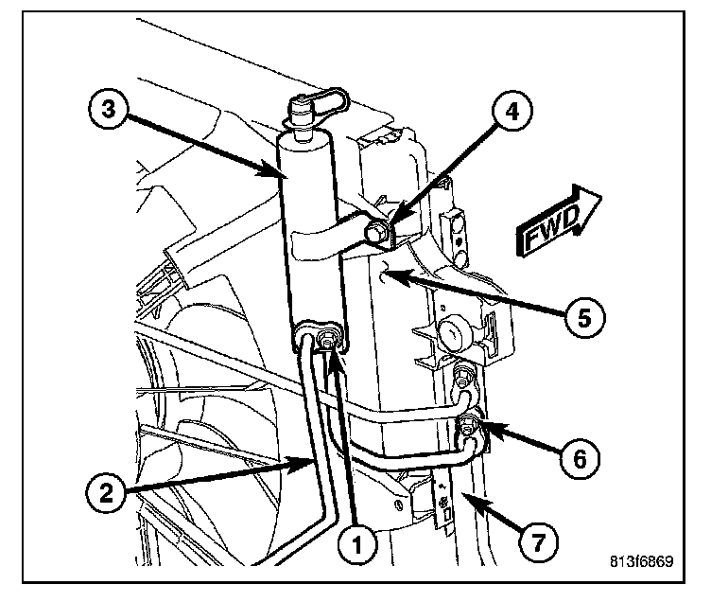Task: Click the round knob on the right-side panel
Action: (454, 334)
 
